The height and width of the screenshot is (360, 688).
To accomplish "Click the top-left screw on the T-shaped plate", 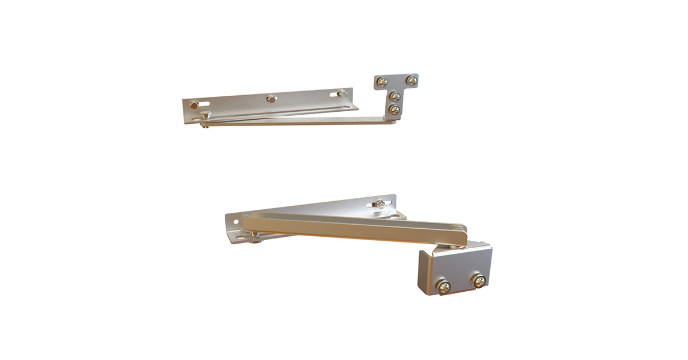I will [383, 82].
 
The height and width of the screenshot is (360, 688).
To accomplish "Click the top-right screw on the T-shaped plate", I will [411, 81].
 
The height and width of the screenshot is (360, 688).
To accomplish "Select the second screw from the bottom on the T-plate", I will [395, 96].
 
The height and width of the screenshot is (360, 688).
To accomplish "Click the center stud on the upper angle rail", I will [271, 99].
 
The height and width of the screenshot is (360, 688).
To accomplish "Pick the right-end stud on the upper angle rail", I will [342, 93].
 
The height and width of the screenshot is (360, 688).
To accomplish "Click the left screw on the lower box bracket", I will [444, 286].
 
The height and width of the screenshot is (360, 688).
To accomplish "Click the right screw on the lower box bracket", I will [478, 281].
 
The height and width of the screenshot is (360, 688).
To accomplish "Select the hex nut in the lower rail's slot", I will [380, 204].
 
